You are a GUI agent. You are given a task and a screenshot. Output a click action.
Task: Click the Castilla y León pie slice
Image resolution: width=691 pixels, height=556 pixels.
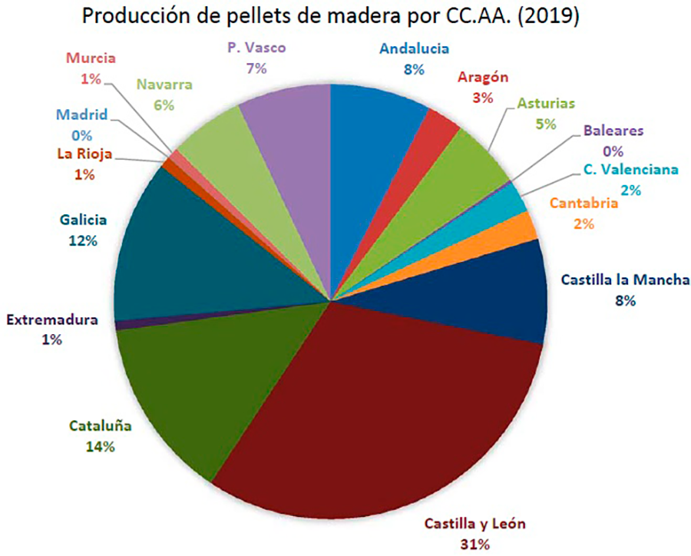pyautogui.click(x=384, y=415)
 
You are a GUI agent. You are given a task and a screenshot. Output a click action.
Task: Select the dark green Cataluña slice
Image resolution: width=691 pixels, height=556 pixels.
pyautogui.click(x=192, y=384)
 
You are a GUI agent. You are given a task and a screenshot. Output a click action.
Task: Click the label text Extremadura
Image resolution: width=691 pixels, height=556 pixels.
pyautogui.click(x=52, y=319)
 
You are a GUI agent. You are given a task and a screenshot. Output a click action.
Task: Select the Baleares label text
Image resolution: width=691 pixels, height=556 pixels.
pyautogui.click(x=613, y=131)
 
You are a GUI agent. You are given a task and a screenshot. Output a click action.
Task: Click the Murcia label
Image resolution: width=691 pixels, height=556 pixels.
pyautogui.click(x=91, y=58)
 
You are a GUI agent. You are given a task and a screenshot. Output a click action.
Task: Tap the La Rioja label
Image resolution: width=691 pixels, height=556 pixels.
pyautogui.click(x=84, y=154)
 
